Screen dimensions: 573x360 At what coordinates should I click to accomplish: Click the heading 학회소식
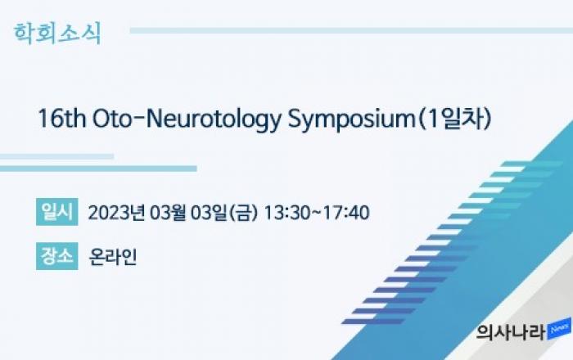click(57, 34)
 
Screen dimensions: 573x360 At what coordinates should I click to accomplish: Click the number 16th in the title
click(61, 119)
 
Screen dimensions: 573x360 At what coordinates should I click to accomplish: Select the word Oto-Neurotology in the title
click(187, 119)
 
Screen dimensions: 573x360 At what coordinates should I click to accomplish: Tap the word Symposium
click(351, 119)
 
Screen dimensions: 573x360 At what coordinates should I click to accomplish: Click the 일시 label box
click(57, 212)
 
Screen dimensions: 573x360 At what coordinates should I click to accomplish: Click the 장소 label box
click(57, 256)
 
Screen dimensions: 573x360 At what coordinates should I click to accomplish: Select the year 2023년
click(116, 212)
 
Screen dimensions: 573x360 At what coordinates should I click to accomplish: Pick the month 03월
click(168, 212)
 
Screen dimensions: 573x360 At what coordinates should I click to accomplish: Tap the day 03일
click(209, 212)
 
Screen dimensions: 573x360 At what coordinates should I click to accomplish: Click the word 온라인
click(113, 257)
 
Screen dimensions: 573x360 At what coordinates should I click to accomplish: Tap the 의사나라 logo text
click(511, 332)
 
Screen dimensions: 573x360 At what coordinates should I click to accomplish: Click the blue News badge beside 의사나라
click(559, 329)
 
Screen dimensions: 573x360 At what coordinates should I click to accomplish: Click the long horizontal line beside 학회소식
click(351, 30)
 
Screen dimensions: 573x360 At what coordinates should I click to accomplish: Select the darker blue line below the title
click(98, 169)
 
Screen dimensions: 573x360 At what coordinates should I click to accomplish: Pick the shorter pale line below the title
click(56, 156)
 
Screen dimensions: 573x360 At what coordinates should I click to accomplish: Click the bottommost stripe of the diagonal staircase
click(373, 322)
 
